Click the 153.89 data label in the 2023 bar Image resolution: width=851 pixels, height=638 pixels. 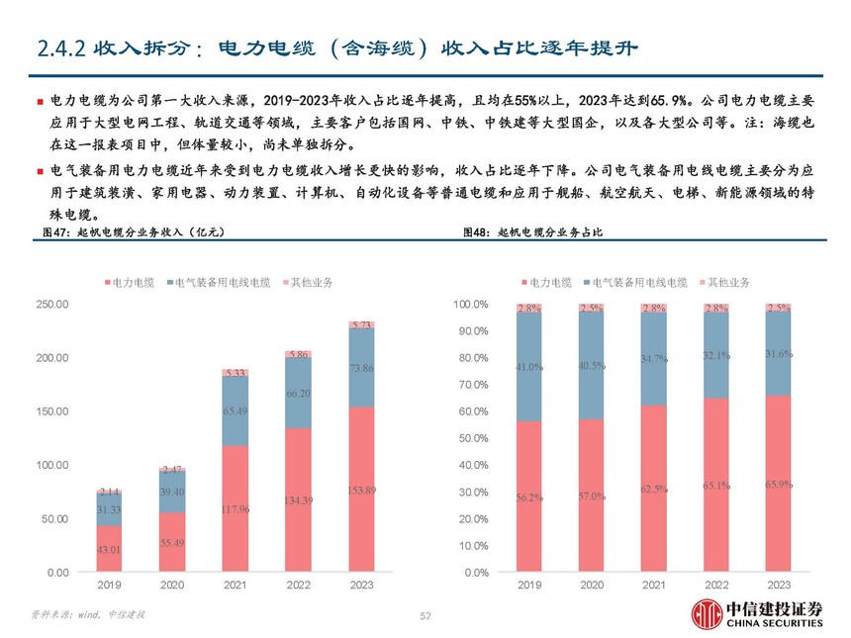point(360,491)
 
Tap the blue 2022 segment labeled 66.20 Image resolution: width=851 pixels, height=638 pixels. point(298,393)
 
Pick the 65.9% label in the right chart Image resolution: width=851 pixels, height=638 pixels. point(778,484)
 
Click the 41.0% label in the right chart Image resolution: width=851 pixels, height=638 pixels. point(528,367)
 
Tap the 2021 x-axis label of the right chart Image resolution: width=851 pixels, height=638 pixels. point(653,587)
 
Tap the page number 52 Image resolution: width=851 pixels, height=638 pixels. point(425,616)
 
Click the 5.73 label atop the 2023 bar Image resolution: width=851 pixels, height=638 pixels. point(360,324)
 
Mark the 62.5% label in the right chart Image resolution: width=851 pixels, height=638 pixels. point(653,489)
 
